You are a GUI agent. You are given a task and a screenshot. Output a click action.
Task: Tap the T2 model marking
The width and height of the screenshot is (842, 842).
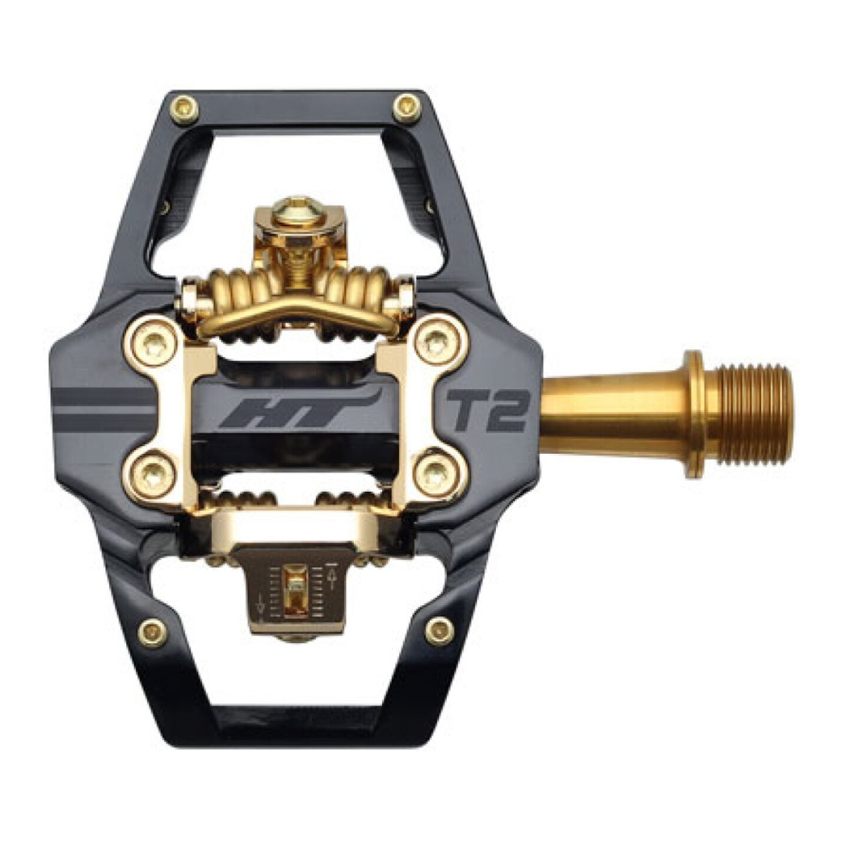point(487,412)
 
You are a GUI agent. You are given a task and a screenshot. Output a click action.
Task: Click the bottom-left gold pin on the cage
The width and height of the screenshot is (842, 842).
point(153,630)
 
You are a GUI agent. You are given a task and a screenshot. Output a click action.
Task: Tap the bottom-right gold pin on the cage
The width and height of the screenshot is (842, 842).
point(440,630)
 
